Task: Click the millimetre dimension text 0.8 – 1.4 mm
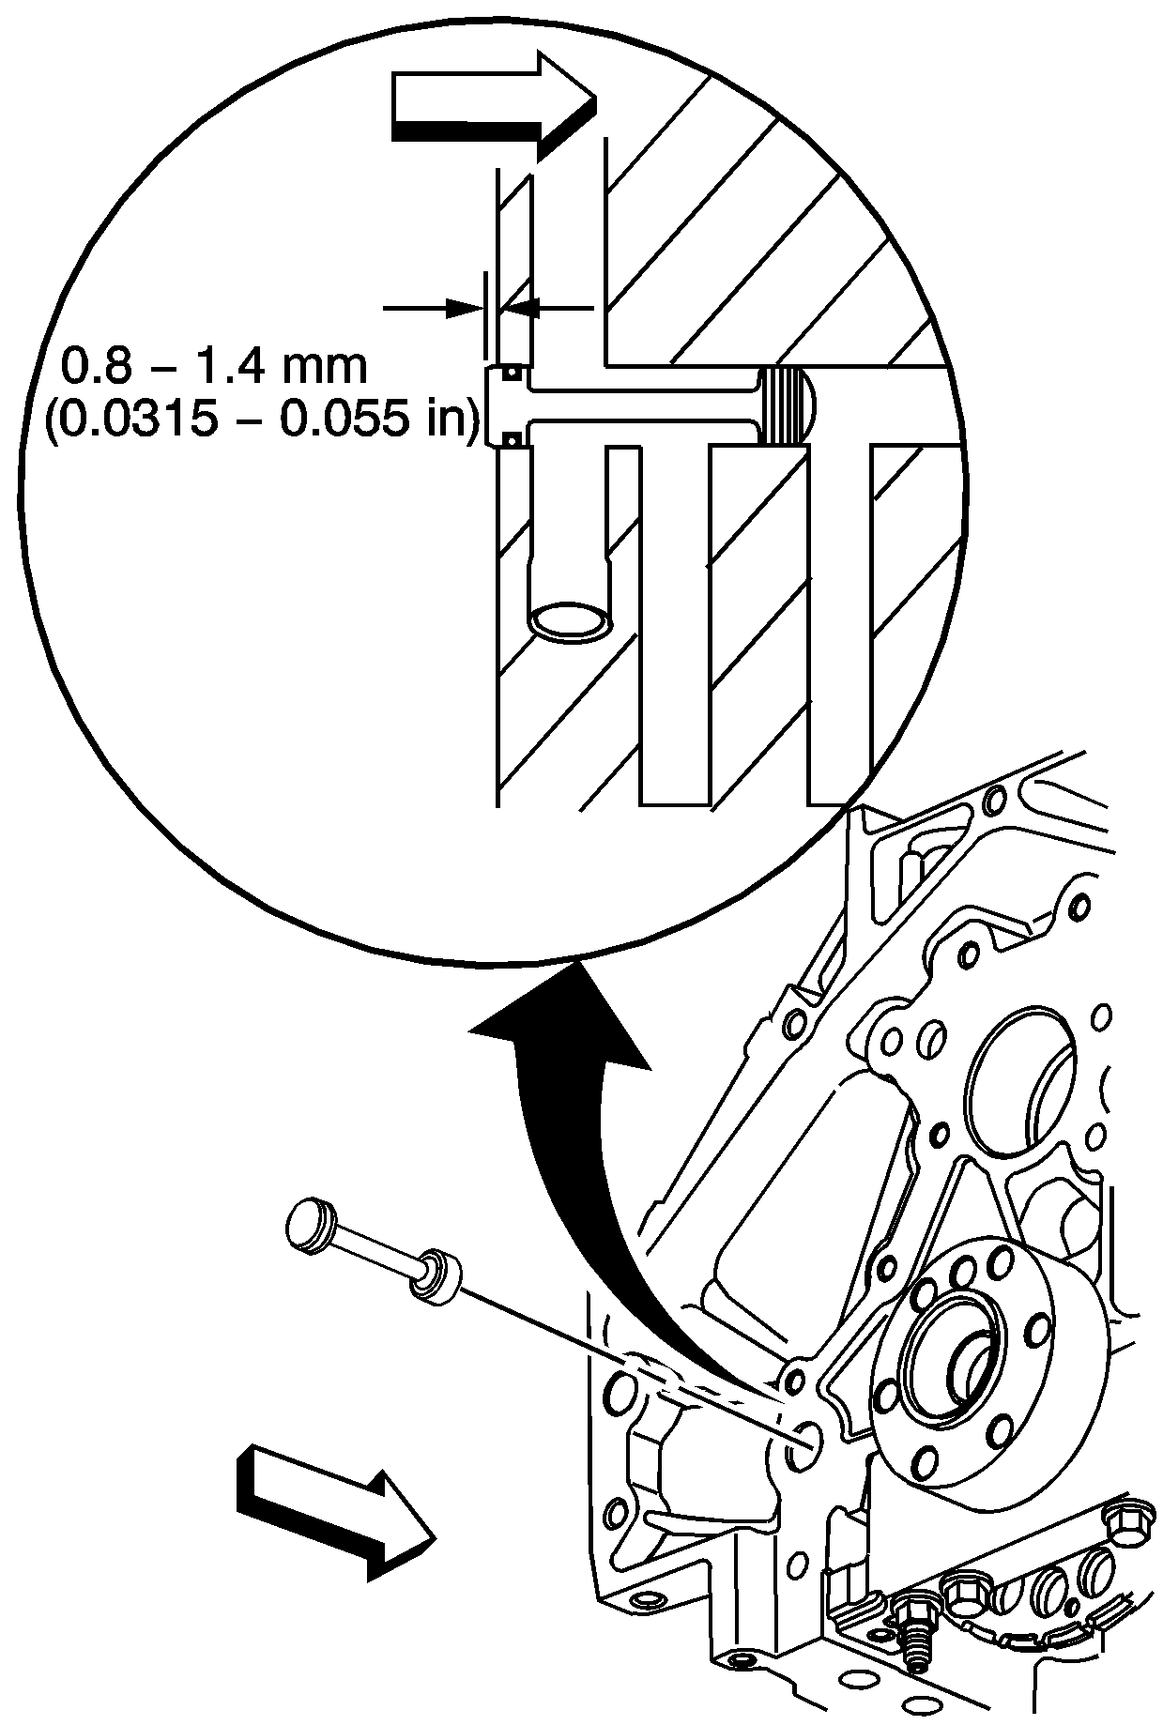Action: click(214, 366)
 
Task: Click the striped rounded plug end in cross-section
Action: click(786, 405)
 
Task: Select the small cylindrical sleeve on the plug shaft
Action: click(437, 1275)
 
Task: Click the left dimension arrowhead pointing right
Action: click(464, 307)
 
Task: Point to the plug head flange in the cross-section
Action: click(499, 405)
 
